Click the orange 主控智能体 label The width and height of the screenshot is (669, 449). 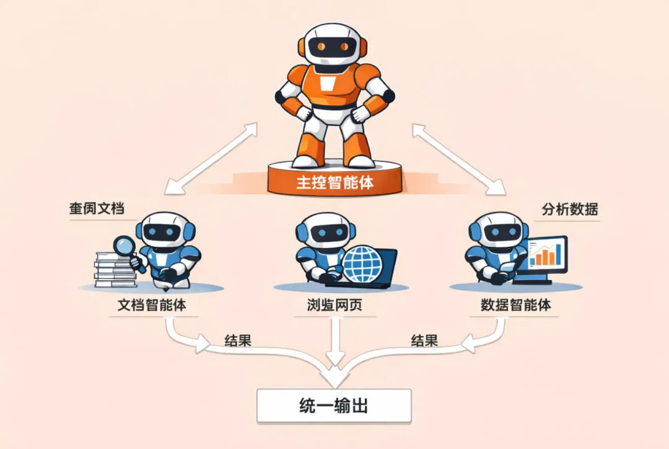coord(335,182)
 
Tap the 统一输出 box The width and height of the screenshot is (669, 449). coord(334,406)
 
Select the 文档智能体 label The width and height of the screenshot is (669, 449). coord(152,306)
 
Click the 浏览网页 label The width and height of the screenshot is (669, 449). coord(334,306)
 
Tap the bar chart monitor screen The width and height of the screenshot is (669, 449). coord(547,254)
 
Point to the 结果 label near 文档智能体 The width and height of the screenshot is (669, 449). coord(237,340)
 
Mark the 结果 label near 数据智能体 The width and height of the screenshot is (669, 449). coord(424,340)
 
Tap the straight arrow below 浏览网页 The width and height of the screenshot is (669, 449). coord(334,340)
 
